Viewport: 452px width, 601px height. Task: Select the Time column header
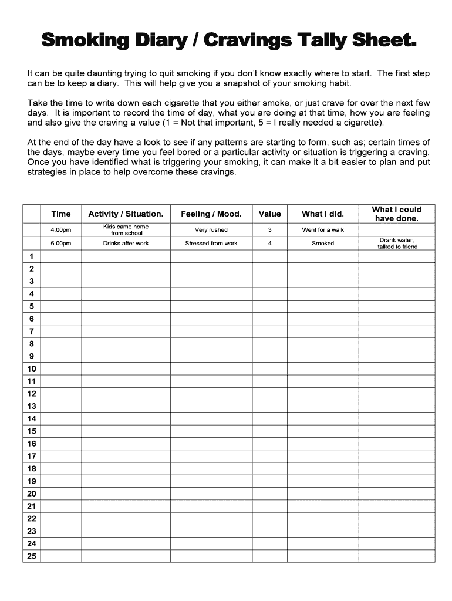tap(60, 214)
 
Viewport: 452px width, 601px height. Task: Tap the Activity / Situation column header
tap(126, 214)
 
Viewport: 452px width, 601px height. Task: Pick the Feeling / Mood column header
tap(211, 214)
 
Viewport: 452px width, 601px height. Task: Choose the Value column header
tap(269, 214)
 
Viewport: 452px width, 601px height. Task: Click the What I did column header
tap(323, 214)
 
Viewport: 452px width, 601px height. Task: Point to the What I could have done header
tap(397, 214)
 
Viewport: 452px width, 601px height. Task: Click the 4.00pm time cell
tap(60, 230)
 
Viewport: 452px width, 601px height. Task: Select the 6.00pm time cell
tap(60, 244)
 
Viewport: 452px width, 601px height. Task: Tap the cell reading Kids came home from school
tap(126, 230)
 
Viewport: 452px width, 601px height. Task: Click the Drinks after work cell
tap(126, 244)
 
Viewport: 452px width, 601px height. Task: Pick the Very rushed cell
tap(211, 230)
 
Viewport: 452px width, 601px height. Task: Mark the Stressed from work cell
tap(211, 244)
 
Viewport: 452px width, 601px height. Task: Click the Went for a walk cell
tap(323, 230)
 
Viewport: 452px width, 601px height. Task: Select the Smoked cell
tap(323, 244)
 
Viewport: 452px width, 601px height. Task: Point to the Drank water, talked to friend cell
tap(397, 244)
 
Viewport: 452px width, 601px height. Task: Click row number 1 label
tap(31, 256)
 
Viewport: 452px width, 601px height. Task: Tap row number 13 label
tap(31, 406)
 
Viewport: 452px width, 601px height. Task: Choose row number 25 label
tap(31, 556)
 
